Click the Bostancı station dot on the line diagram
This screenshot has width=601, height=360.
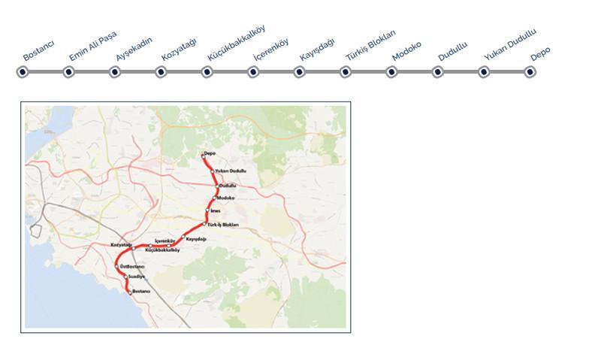pos(23,72)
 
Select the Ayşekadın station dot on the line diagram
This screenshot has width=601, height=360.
pos(115,72)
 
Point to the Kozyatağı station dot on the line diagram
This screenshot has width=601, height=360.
pos(161,72)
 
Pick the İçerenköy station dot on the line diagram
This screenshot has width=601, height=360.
pos(253,72)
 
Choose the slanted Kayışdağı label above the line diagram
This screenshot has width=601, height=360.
pos(317,50)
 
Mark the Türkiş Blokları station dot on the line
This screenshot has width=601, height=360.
pos(346,72)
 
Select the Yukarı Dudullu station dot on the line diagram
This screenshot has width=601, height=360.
pos(484,72)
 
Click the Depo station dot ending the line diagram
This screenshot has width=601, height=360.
pos(530,72)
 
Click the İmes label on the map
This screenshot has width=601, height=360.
pos(215,211)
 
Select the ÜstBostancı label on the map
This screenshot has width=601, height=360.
pos(131,266)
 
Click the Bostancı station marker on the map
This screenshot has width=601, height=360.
pos(130,292)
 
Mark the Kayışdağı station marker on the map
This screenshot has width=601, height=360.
pos(183,238)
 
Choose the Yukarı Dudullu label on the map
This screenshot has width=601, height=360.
pos(231,171)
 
